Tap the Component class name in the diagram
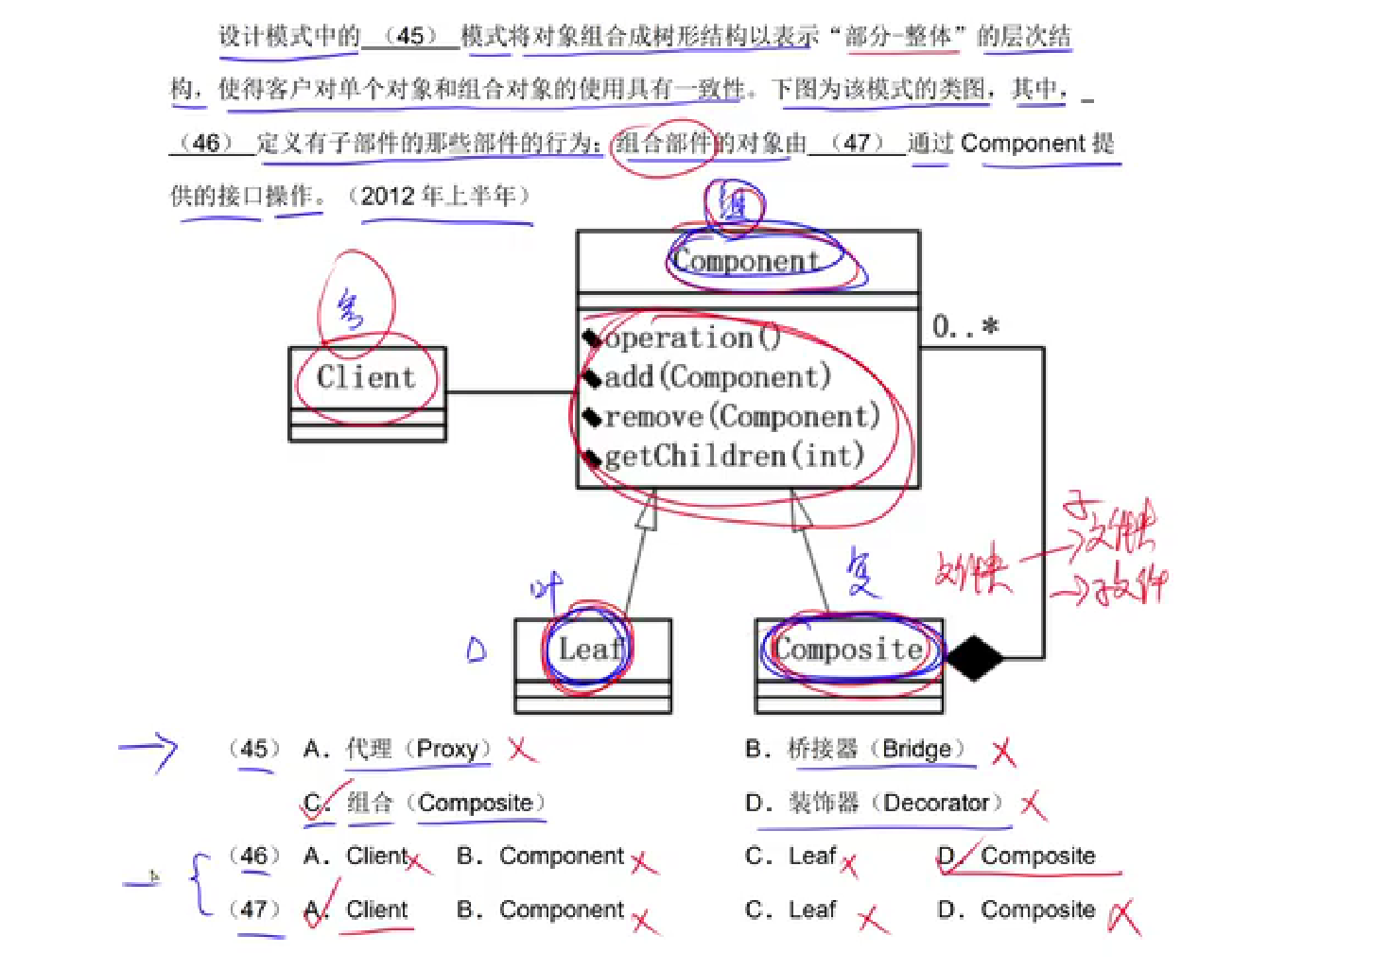(x=746, y=261)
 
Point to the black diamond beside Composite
(x=975, y=657)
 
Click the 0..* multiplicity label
(x=965, y=327)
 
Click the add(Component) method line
(x=717, y=377)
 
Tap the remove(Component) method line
(x=742, y=417)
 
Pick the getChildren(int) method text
(x=734, y=457)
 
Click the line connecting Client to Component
(x=511, y=391)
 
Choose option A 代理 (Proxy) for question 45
(x=397, y=750)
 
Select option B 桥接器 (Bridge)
(x=856, y=750)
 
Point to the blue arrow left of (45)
(x=148, y=751)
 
